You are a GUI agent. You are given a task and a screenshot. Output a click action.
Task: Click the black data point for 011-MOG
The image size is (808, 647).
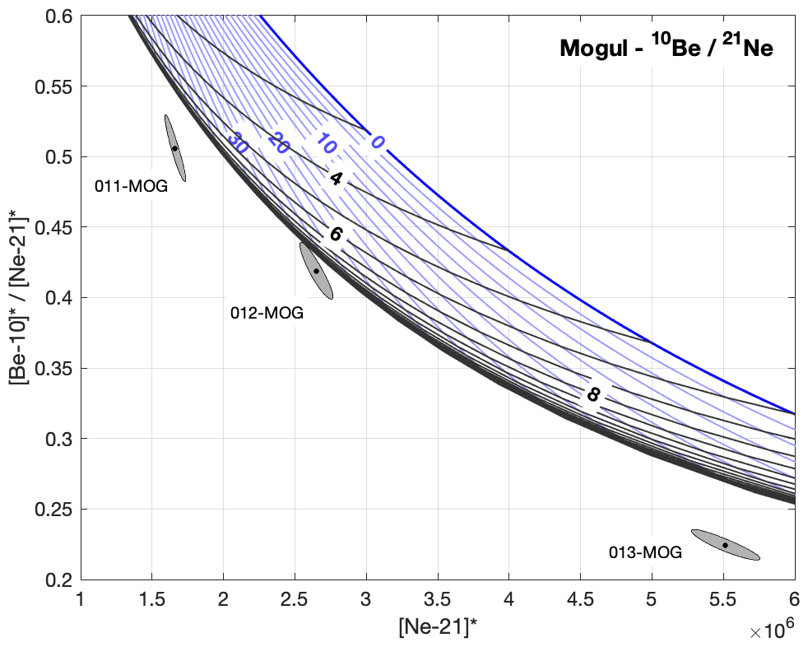(x=174, y=148)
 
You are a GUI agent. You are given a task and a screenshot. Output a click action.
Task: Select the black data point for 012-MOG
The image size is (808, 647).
(x=316, y=271)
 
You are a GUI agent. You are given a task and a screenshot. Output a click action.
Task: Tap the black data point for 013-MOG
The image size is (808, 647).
(x=725, y=545)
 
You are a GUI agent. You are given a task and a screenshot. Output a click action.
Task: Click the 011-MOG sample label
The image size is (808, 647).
(x=131, y=186)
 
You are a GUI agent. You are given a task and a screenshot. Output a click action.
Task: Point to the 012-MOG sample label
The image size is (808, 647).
(x=267, y=313)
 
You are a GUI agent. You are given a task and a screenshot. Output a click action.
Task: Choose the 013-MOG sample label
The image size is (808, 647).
(x=645, y=553)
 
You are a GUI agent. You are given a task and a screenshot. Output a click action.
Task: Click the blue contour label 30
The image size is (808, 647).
(x=239, y=142)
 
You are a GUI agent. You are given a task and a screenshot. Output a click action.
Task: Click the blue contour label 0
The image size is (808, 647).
(x=377, y=142)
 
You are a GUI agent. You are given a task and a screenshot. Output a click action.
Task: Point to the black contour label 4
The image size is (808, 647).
(x=336, y=178)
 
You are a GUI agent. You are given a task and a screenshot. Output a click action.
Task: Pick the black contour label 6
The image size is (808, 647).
(x=336, y=235)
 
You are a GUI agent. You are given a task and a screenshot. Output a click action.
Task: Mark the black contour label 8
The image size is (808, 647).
(x=592, y=395)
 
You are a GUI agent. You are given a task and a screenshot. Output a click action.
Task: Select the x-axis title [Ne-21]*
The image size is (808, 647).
(x=437, y=626)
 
